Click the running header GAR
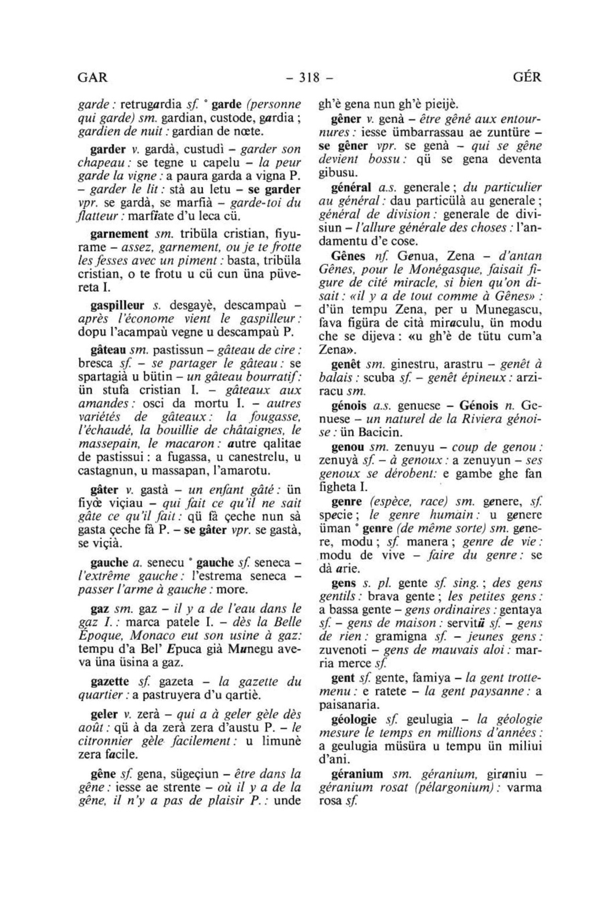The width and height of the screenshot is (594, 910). tap(93, 77)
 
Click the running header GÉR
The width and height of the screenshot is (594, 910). tap(527, 77)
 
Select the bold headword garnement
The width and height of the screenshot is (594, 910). tap(119, 235)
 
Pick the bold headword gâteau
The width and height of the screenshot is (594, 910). tap(108, 350)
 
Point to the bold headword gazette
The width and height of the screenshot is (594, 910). tap(110, 681)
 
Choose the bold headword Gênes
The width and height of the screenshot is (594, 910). tap(348, 256)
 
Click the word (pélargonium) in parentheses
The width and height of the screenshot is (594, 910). tap(457, 788)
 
